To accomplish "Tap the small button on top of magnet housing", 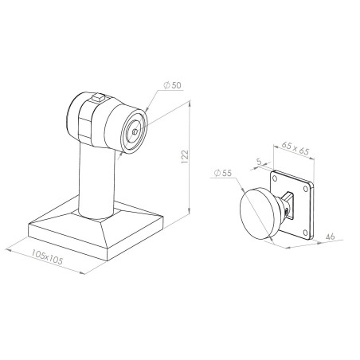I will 96,99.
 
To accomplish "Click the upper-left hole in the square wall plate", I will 276,179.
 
